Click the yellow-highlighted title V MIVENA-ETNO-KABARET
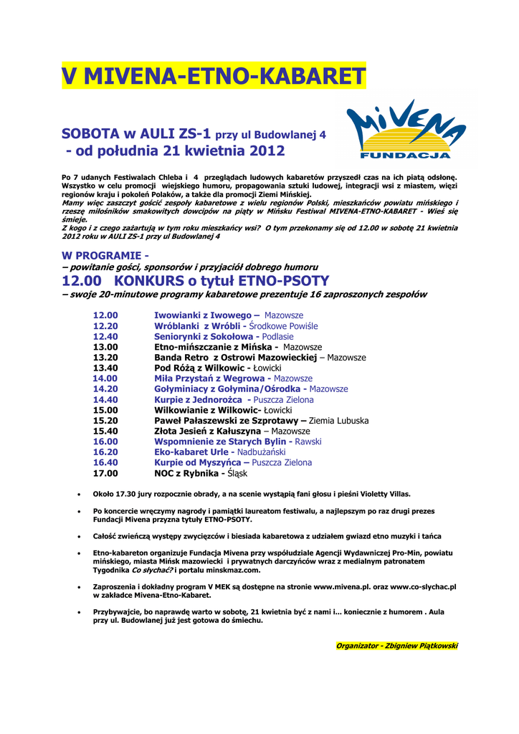(214, 76)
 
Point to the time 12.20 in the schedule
(105, 326)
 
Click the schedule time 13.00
(105, 347)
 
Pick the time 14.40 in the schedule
(105, 399)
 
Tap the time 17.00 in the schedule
(105, 473)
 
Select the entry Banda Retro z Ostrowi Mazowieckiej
(235, 357)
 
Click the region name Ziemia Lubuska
(338, 421)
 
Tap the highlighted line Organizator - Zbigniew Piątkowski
(396, 646)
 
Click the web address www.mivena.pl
(340, 586)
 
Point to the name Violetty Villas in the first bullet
(387, 494)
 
